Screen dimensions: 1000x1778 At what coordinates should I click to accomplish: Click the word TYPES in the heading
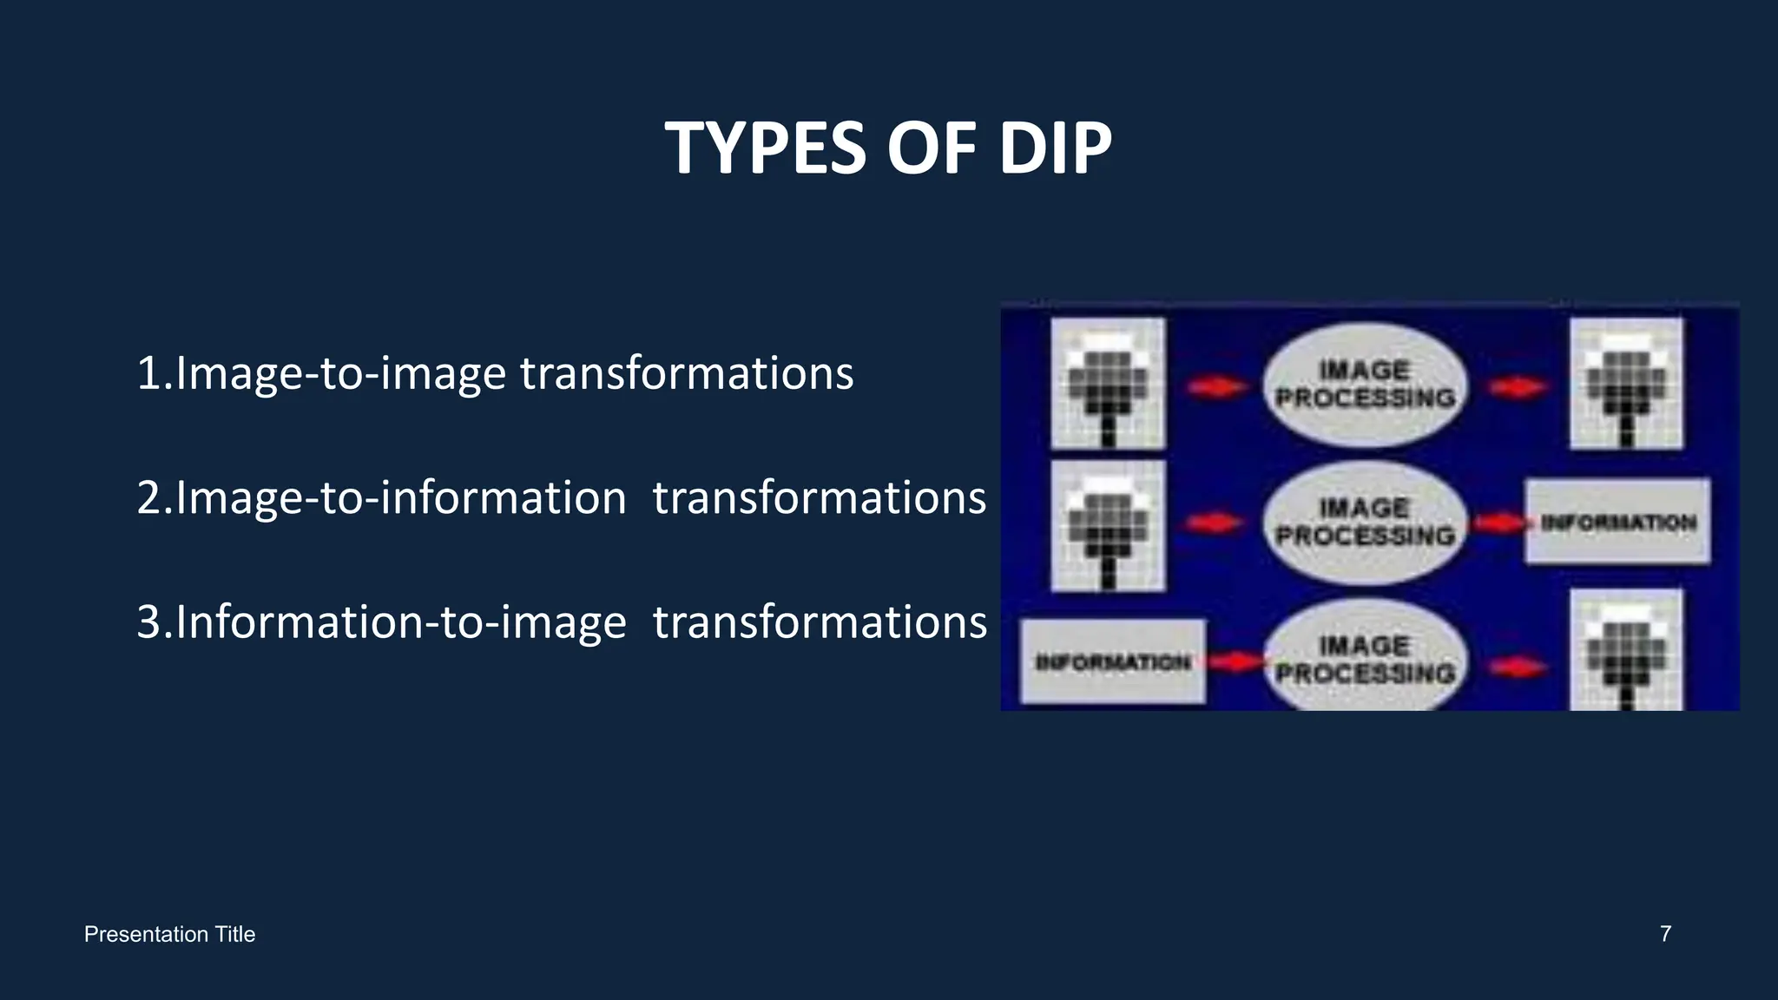(x=765, y=148)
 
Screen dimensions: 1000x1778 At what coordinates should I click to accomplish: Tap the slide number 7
(x=1665, y=934)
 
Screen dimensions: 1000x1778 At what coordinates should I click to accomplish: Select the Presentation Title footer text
(x=169, y=935)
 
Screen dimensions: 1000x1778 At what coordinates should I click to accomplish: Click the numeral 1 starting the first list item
(x=148, y=373)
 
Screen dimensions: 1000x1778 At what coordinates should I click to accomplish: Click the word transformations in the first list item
(x=687, y=373)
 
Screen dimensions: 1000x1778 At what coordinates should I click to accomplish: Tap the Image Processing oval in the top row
(x=1365, y=385)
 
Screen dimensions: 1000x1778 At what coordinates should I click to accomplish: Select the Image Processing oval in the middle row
(x=1365, y=522)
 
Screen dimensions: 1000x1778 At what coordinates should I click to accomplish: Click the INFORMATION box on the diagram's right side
(x=1617, y=522)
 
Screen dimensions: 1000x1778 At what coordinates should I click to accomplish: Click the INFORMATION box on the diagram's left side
(x=1112, y=661)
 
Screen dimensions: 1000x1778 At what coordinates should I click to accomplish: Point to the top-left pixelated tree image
(x=1108, y=384)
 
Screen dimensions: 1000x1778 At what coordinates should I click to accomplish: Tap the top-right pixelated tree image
(x=1625, y=384)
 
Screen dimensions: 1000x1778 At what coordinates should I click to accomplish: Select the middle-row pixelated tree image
(x=1108, y=525)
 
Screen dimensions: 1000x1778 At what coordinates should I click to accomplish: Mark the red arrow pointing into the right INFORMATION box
(x=1498, y=523)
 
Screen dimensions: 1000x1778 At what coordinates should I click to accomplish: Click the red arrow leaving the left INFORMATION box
(x=1234, y=662)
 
